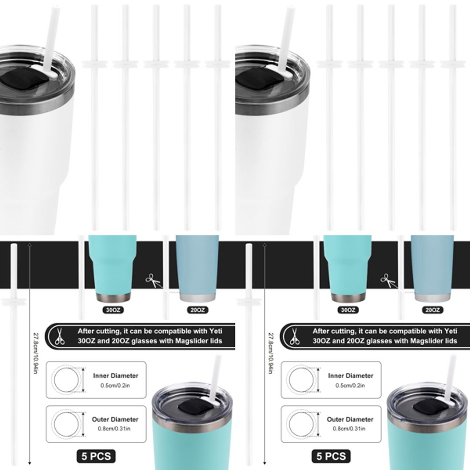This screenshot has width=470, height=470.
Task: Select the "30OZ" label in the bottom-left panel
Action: point(113,310)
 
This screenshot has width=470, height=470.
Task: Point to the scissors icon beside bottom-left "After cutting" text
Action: point(60,336)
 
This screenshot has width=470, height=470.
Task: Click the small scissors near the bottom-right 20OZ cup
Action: point(388,280)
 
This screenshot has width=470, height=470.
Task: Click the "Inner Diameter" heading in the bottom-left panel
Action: point(115,376)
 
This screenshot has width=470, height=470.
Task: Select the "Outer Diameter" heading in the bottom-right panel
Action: point(350,420)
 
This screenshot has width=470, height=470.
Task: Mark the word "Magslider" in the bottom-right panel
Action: point(407,341)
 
